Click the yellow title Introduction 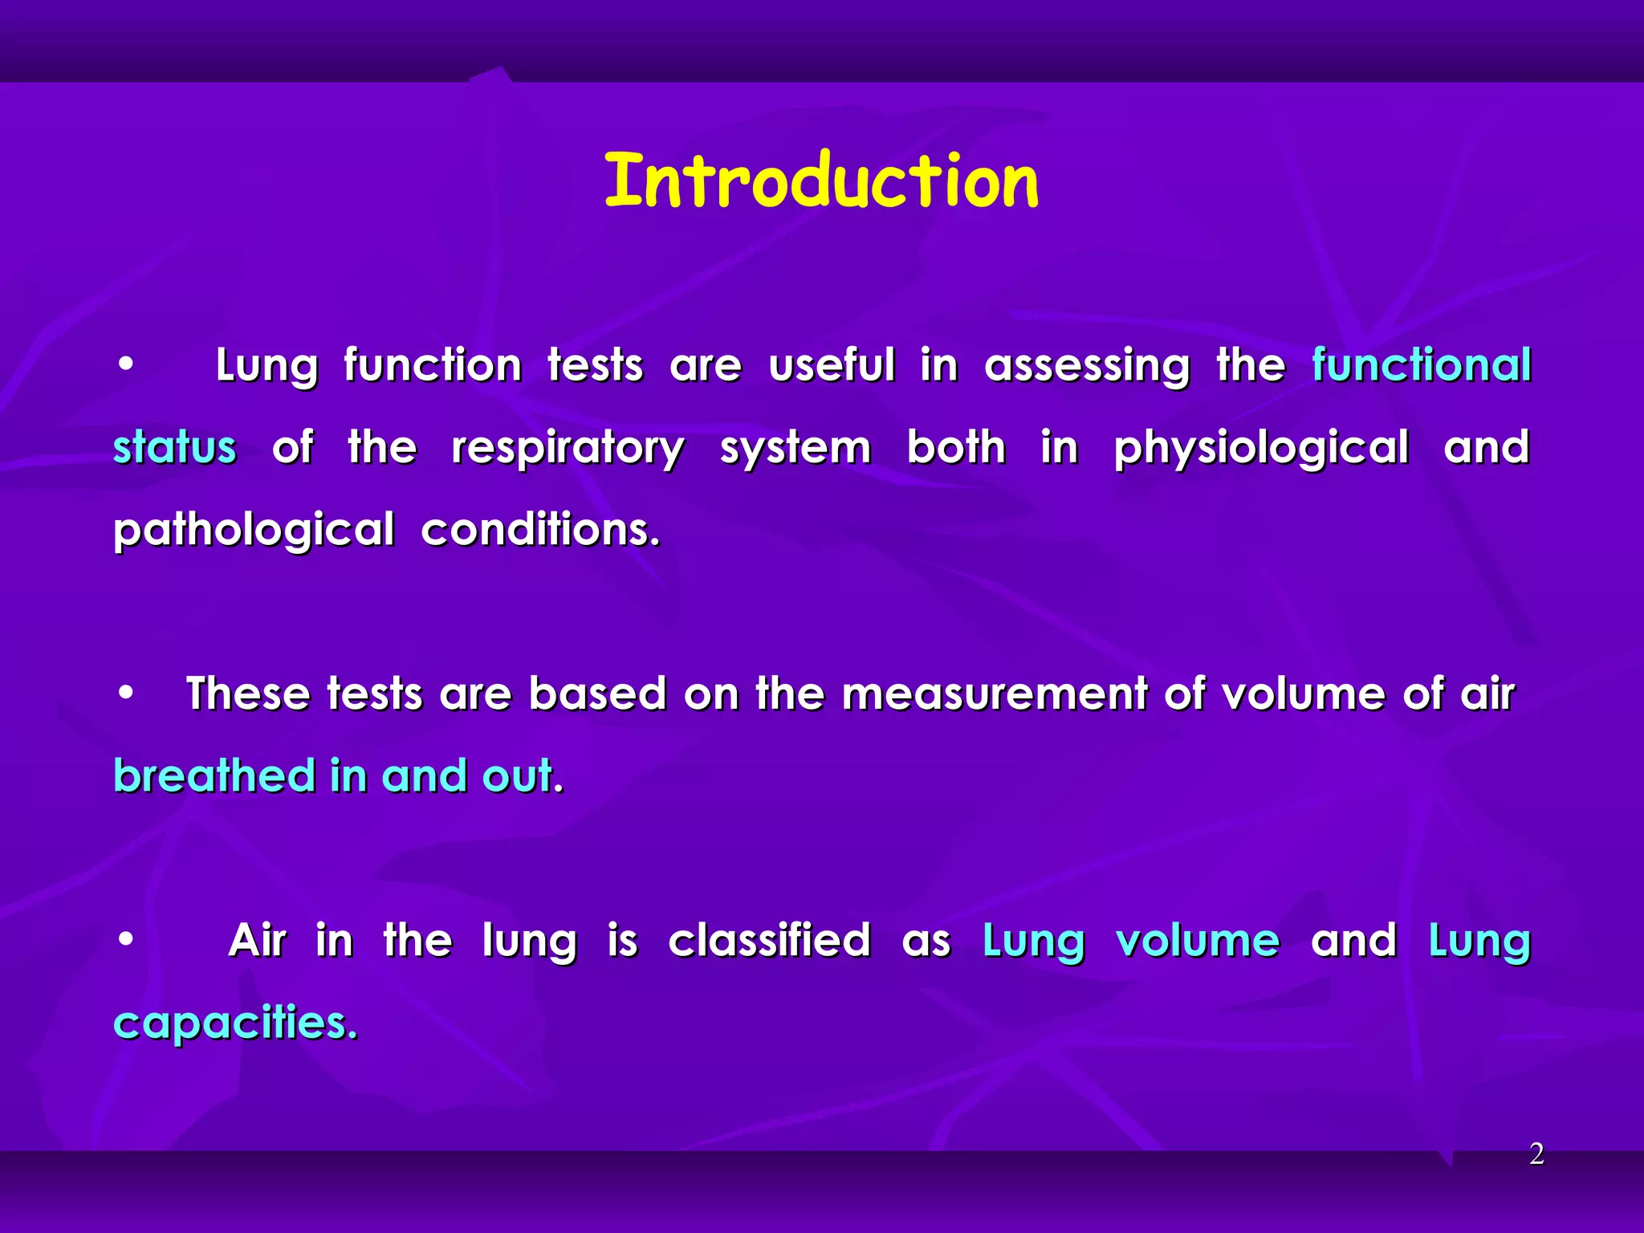(821, 181)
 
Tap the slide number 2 (1536, 1154)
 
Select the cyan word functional (1422, 365)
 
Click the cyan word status (175, 447)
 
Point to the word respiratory (568, 449)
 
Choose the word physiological (1261, 449)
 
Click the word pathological (254, 531)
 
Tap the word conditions (540, 529)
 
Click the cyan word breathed (214, 775)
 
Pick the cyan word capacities (235, 1023)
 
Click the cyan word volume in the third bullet (1198, 940)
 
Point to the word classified (769, 940)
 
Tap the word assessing (1087, 367)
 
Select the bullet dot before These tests (125, 693)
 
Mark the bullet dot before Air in (125, 939)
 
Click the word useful (831, 365)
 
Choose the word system (795, 449)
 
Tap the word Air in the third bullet (257, 940)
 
